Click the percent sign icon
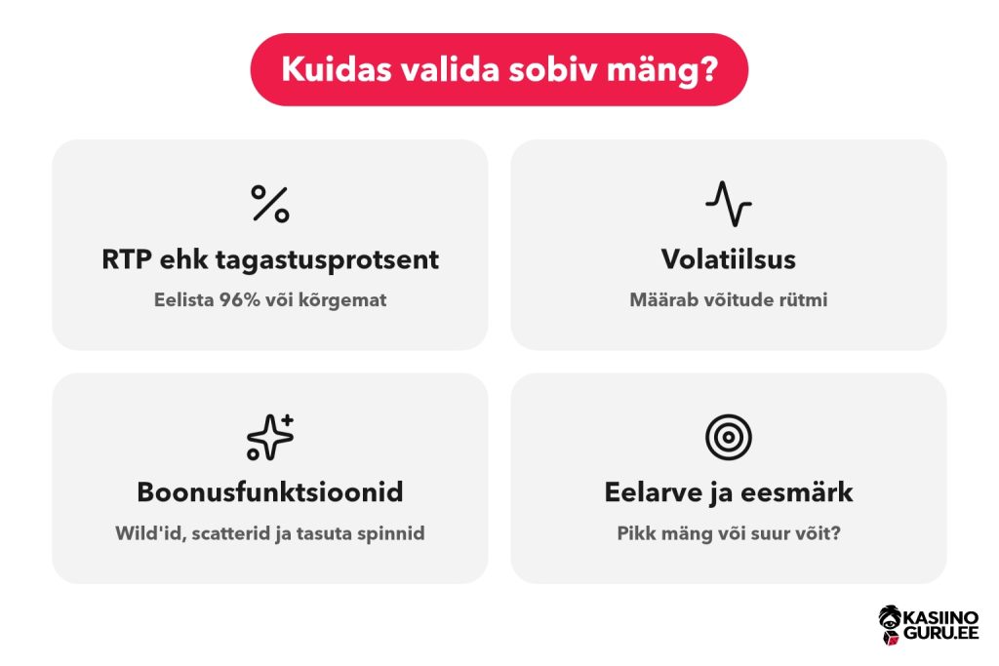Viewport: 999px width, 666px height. click(x=270, y=204)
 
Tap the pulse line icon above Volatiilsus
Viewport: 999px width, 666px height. click(x=728, y=204)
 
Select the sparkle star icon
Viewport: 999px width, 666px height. click(x=270, y=437)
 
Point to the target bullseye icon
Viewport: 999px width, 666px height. click(x=728, y=437)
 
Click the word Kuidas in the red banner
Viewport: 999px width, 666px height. click(x=337, y=69)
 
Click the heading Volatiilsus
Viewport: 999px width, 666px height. click(x=728, y=259)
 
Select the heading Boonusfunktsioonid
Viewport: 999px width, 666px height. click(x=270, y=492)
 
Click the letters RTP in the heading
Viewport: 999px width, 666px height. click(x=127, y=259)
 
